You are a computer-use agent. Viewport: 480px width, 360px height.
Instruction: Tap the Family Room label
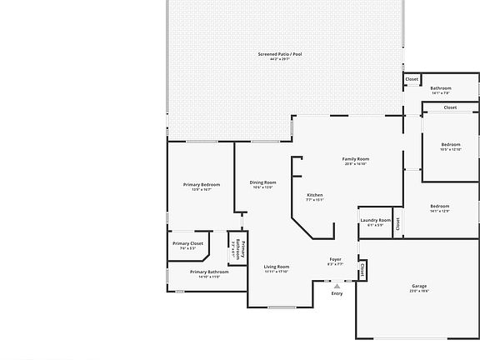tap(356, 158)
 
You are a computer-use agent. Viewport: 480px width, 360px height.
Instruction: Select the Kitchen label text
tap(314, 195)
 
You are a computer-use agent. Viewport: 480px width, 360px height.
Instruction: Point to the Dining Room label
tap(262, 182)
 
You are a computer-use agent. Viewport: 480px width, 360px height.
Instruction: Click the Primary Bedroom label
tap(201, 184)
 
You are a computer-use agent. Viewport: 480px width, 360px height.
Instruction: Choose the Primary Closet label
tap(187, 243)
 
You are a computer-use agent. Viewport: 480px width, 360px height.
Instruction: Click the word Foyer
tap(335, 259)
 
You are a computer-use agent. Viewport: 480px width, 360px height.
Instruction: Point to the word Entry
tap(337, 293)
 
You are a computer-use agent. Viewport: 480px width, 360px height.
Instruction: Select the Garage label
tap(418, 286)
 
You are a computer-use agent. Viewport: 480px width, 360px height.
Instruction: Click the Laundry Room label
tap(375, 220)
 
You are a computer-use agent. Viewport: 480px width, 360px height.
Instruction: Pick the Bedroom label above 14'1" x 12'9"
tap(439, 206)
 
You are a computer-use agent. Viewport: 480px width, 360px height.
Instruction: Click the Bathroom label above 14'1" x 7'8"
tap(440, 88)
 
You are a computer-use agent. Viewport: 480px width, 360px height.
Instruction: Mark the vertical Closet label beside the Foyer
tap(362, 270)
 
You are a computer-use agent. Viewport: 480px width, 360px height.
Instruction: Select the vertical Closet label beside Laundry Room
tap(397, 223)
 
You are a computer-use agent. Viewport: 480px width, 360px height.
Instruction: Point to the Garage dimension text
tap(418, 291)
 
